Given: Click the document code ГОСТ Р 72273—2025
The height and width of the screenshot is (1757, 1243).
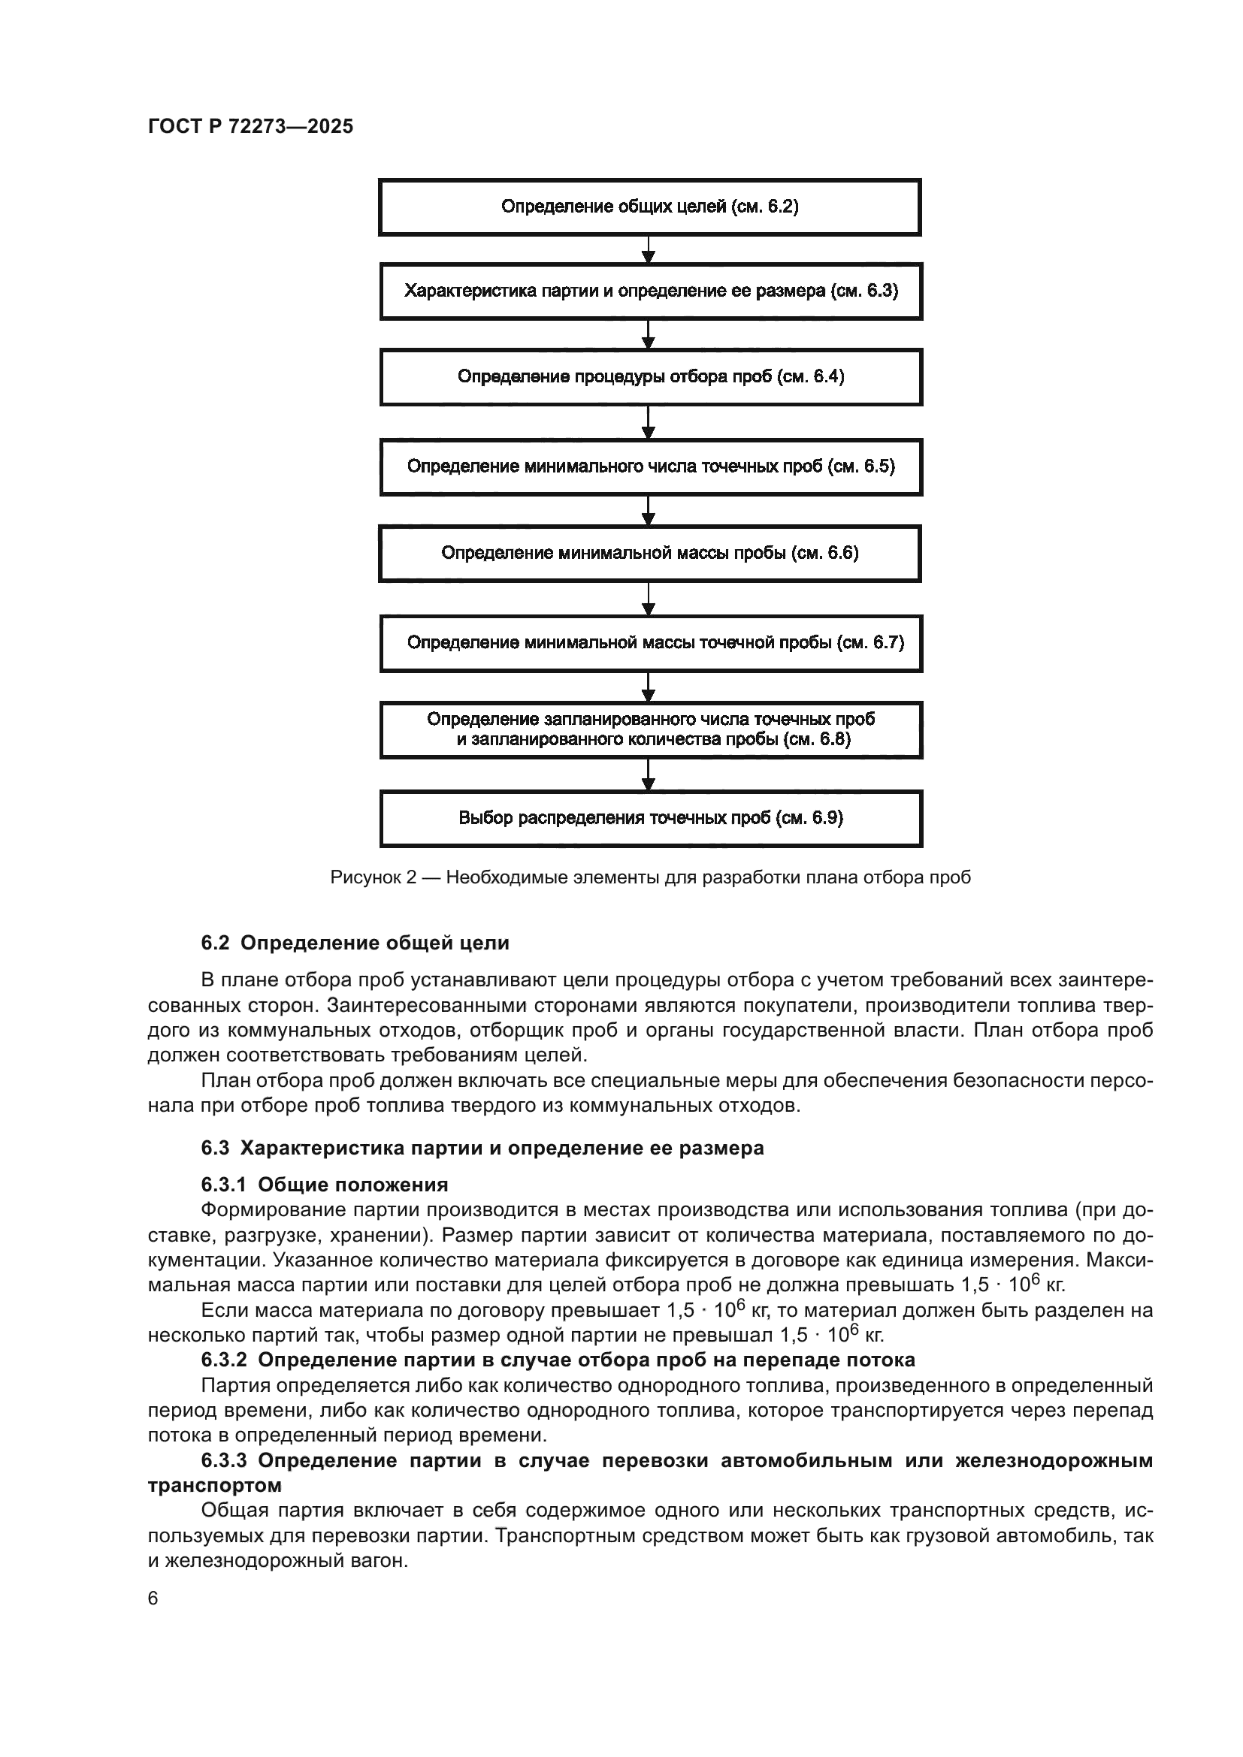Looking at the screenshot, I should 250,126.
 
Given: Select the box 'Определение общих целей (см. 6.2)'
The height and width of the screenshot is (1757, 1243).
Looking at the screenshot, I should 650,207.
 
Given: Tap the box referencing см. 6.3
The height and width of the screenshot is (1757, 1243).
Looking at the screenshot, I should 651,291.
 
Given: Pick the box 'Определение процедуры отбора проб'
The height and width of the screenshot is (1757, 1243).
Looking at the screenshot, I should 651,376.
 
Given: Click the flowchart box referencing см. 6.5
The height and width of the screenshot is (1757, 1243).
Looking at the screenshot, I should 651,466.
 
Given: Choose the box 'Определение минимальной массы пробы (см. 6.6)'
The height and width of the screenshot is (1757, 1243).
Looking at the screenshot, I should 650,554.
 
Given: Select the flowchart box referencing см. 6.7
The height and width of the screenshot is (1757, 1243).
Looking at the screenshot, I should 651,643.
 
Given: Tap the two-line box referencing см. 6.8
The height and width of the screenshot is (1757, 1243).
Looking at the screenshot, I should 651,729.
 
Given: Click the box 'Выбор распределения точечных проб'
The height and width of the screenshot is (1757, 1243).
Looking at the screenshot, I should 651,818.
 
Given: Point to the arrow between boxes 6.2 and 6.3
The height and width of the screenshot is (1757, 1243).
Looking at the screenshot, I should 649,249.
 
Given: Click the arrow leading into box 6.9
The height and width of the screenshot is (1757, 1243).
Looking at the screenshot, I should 649,775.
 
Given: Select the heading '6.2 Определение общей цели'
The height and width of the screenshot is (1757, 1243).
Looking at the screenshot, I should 355,943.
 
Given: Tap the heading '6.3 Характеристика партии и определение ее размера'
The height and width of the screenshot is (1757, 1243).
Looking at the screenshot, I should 482,1148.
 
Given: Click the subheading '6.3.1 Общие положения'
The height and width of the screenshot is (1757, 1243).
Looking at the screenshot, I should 325,1185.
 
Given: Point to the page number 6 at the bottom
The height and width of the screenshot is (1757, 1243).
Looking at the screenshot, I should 153,1599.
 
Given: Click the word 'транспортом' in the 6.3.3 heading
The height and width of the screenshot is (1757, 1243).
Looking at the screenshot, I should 214,1485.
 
